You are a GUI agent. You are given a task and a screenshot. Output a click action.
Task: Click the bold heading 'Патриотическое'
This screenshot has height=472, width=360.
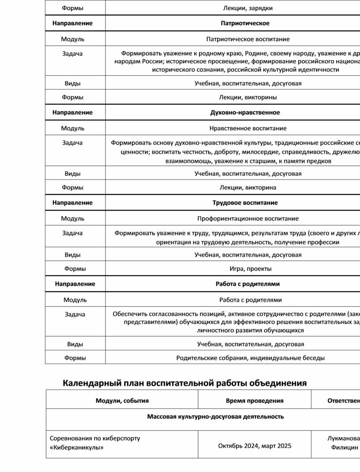[245, 23]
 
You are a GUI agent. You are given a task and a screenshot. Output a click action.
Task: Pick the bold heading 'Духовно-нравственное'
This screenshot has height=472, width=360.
[245, 112]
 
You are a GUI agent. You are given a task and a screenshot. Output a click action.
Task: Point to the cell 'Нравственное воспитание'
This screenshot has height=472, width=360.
[248, 129]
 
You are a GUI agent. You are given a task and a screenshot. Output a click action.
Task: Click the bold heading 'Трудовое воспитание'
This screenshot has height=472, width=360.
[245, 203]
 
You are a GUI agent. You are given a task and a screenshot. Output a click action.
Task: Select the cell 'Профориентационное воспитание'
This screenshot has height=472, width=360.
[248, 219]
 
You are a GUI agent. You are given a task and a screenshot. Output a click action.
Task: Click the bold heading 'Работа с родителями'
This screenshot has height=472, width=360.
[247, 284]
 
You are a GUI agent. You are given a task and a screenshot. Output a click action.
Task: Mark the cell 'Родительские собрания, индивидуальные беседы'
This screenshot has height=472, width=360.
[250, 358]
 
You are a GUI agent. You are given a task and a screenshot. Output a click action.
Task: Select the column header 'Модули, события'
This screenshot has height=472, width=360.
[122, 401]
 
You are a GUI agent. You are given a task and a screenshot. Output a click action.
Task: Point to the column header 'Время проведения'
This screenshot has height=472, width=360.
[255, 401]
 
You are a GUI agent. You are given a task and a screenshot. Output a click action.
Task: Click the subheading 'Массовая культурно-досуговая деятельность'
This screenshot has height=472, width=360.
[215, 416]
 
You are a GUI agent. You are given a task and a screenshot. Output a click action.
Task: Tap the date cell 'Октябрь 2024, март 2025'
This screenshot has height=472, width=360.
[255, 446]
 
